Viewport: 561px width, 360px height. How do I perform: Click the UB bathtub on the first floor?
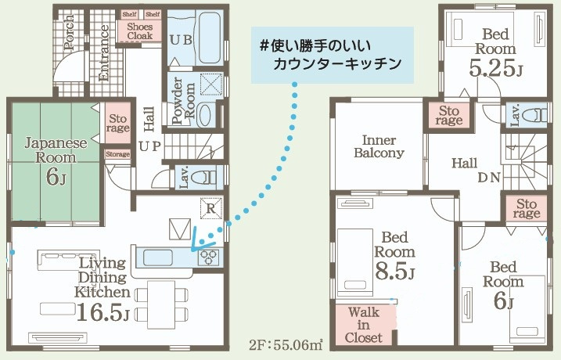(x=208, y=38)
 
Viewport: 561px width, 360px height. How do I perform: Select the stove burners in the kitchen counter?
(x=209, y=257)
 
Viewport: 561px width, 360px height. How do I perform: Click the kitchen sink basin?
(x=158, y=257)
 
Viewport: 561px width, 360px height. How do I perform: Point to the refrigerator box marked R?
(x=211, y=208)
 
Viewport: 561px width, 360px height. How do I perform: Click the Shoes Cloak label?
(x=140, y=31)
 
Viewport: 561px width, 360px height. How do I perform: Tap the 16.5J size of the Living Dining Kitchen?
(x=102, y=311)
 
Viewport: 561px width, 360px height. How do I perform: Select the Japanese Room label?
(x=56, y=150)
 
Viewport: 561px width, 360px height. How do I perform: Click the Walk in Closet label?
(x=364, y=325)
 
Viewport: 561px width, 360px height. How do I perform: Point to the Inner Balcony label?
(x=379, y=146)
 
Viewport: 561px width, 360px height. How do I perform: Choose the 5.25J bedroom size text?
(x=496, y=68)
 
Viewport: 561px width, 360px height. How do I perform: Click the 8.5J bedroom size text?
(x=394, y=271)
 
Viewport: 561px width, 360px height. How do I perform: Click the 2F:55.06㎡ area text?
(x=286, y=345)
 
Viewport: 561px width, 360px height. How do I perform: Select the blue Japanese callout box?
(x=333, y=55)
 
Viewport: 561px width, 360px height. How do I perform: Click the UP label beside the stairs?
(x=150, y=146)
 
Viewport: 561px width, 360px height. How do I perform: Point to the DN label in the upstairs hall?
(x=489, y=178)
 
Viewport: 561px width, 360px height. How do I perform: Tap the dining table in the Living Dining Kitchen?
(x=161, y=304)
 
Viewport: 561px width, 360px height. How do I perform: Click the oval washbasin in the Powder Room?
(x=204, y=114)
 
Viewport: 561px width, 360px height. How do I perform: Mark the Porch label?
(x=69, y=32)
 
